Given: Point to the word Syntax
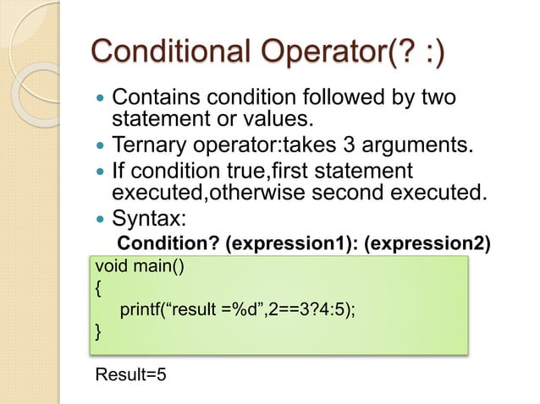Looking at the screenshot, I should click(150, 217).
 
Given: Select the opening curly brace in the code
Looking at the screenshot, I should click(98, 289).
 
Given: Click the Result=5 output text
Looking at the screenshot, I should click(130, 373).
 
